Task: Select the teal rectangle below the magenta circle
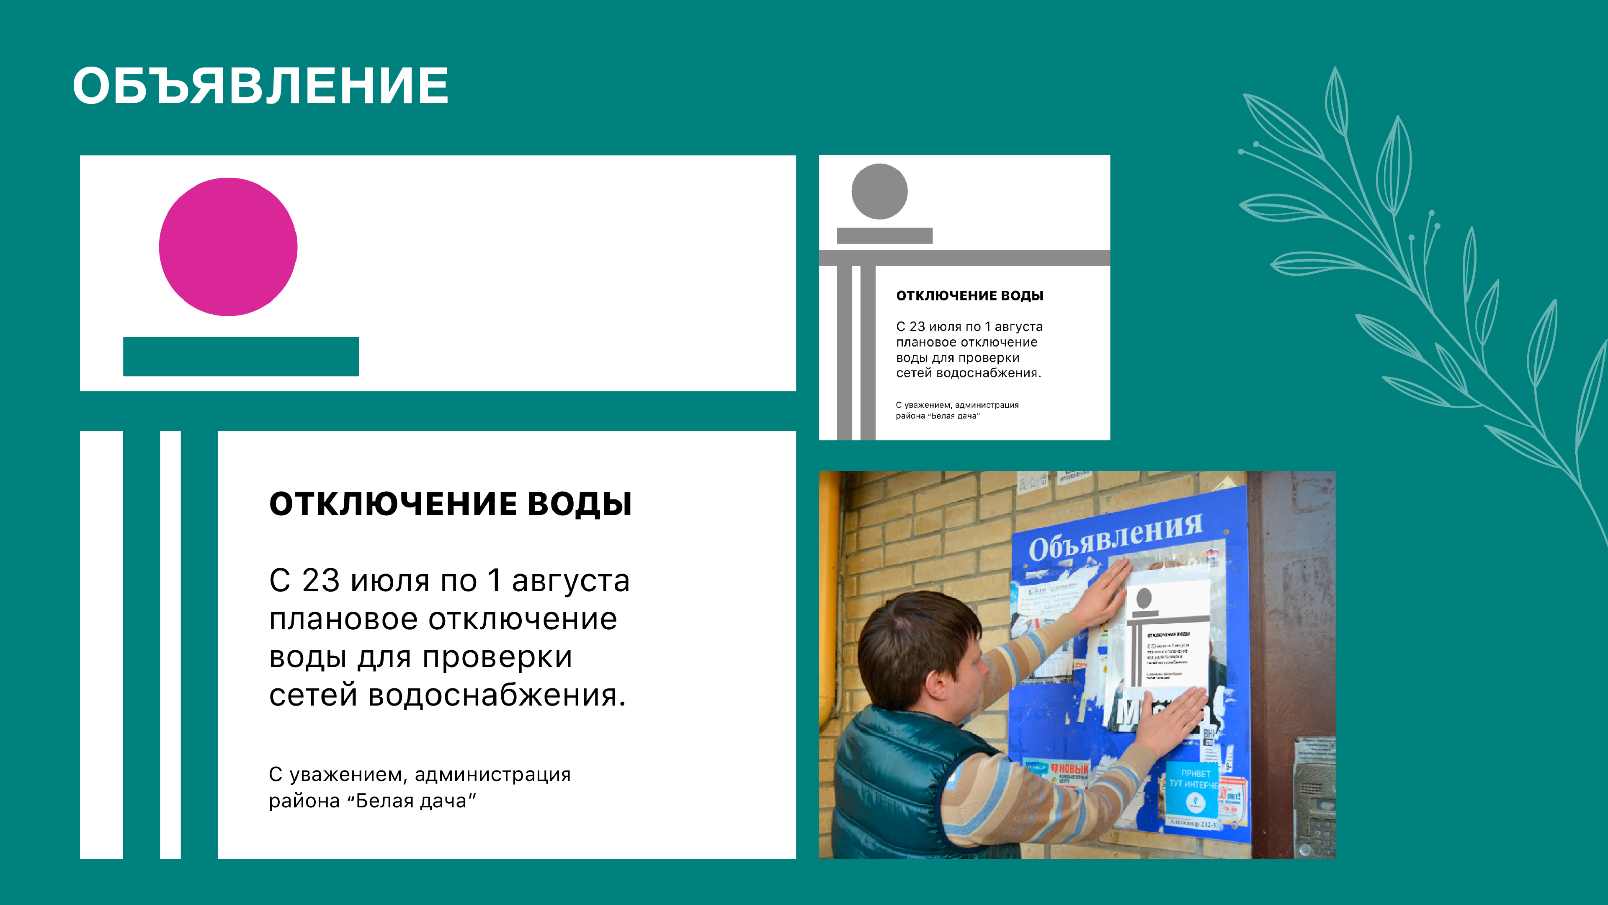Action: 241,357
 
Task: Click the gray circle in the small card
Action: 879,191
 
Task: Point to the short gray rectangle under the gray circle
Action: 884,235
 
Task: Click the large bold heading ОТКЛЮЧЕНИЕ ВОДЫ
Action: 450,503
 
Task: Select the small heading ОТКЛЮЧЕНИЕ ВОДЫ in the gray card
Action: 969,295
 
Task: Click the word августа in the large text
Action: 570,580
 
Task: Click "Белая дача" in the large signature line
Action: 415,801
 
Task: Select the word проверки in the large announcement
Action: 497,657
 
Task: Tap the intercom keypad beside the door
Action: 1317,812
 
